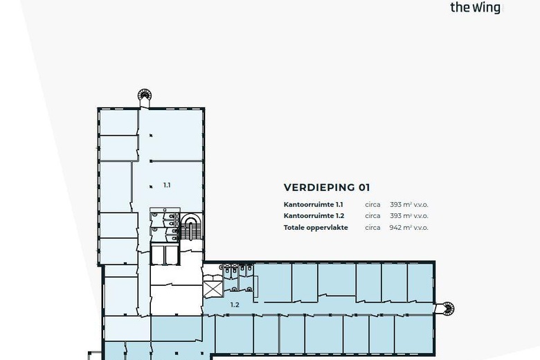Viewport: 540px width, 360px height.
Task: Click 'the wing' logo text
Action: click(475, 8)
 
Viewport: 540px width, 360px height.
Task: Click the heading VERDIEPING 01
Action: click(327, 188)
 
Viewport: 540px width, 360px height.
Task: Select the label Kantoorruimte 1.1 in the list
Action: click(313, 205)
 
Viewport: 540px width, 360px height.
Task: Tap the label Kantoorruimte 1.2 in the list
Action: click(313, 216)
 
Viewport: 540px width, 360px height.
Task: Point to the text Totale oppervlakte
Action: click(316, 227)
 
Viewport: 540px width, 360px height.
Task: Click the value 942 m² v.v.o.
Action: click(408, 227)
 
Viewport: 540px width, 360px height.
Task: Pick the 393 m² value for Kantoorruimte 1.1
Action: click(408, 205)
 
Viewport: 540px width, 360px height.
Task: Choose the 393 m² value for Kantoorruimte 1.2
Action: click(408, 216)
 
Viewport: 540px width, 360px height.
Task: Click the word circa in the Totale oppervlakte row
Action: click(372, 227)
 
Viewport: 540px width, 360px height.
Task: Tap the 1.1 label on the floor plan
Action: click(167, 185)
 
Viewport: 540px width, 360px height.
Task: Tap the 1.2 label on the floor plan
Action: click(235, 305)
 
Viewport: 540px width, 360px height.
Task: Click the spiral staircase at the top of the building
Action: click(145, 96)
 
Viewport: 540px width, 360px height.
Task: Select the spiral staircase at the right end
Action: click(447, 308)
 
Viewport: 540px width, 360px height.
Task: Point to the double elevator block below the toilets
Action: click(165, 255)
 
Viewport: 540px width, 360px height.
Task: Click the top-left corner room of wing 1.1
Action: click(118, 122)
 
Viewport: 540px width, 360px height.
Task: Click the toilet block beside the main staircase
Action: click(165, 225)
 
